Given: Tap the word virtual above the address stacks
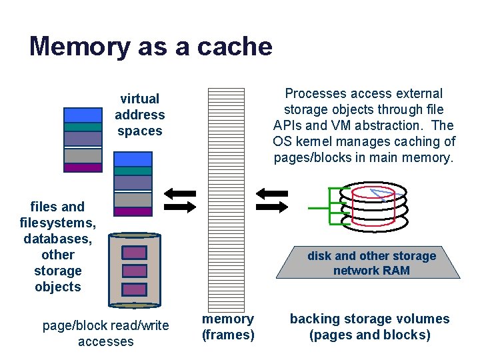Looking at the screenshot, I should pyautogui.click(x=139, y=99).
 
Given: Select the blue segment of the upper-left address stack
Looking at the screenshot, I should pyautogui.click(x=83, y=114).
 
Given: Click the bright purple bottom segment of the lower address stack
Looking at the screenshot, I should pyautogui.click(x=133, y=211).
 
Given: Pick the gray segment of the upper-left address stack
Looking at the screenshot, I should pyautogui.click(x=83, y=155).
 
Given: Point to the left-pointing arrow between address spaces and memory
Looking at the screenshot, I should pyautogui.click(x=179, y=194).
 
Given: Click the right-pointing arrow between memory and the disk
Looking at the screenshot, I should pyautogui.click(x=271, y=206).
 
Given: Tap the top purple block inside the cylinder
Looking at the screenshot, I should pyautogui.click(x=135, y=253).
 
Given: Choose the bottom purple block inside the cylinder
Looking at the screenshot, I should pyautogui.click(x=135, y=289).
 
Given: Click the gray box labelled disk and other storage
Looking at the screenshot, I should pyautogui.click(x=371, y=263).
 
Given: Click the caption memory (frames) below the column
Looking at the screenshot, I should pyautogui.click(x=228, y=327).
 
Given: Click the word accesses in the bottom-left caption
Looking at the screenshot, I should pyautogui.click(x=106, y=341).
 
